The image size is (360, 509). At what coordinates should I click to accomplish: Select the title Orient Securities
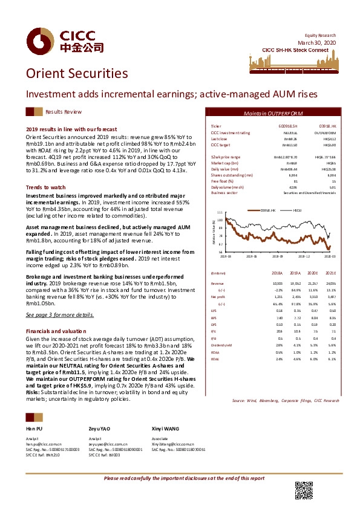coord(76,73)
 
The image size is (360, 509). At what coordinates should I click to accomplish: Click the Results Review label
coord(64,112)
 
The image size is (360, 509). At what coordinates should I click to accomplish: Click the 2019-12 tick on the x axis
coord(304,256)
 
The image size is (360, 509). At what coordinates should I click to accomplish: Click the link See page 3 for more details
coord(61,315)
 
